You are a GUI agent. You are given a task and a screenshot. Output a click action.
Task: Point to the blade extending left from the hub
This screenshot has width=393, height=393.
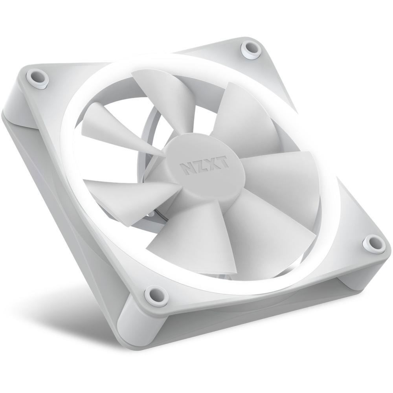[x=126, y=193]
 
